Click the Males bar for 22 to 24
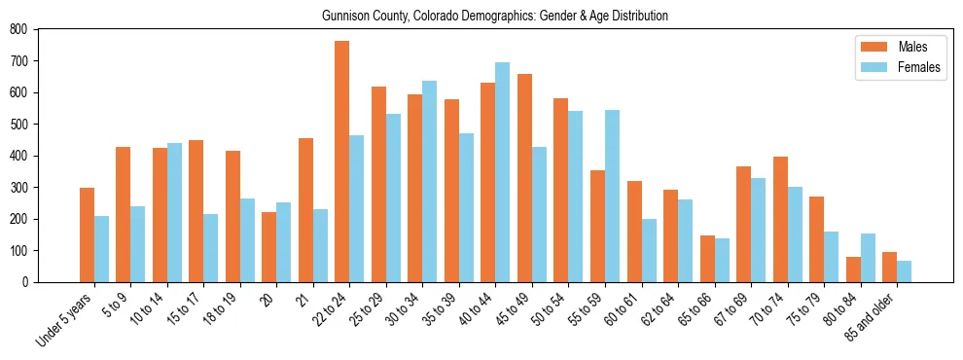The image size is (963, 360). click(342, 162)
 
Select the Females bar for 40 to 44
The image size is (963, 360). click(503, 172)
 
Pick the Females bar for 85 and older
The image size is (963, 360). click(905, 271)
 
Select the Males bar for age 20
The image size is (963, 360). click(269, 247)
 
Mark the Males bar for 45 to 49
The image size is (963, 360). click(525, 178)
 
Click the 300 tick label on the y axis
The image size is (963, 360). click(18, 187)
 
